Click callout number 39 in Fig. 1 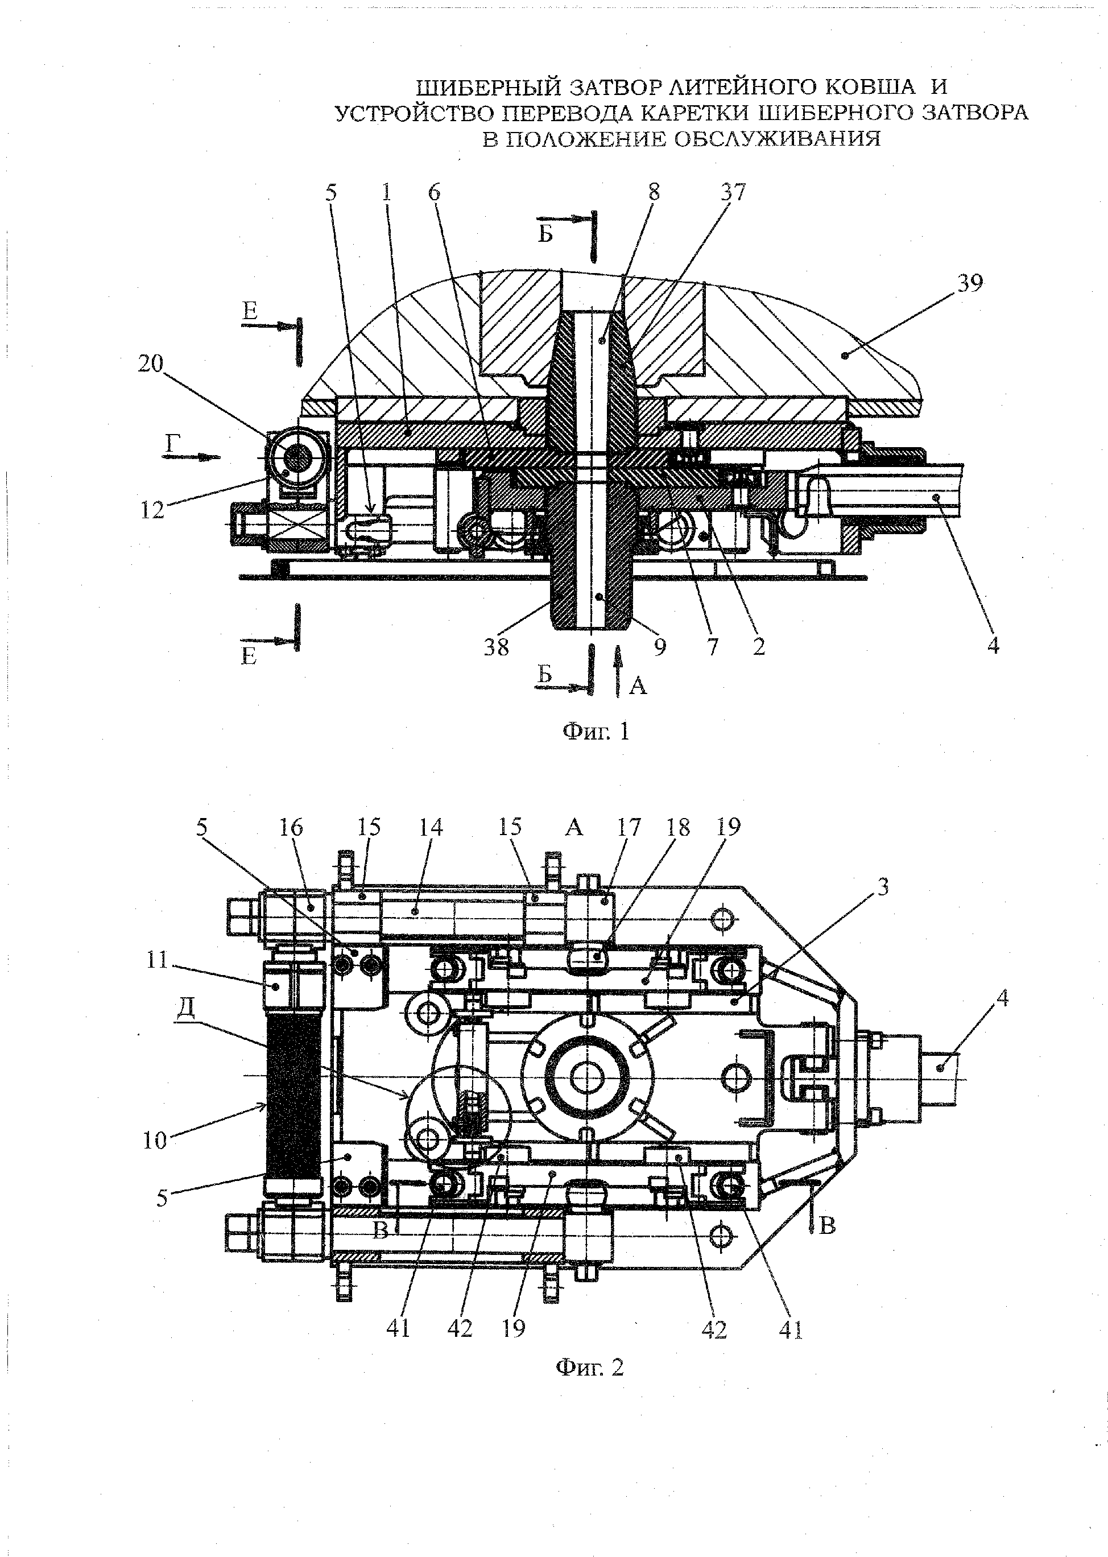[x=969, y=283]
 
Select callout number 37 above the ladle [x=733, y=192]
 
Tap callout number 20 [x=151, y=364]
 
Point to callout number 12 [x=153, y=510]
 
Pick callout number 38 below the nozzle [x=497, y=647]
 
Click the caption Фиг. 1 [x=596, y=732]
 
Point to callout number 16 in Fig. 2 [x=291, y=828]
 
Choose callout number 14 [x=430, y=828]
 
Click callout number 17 [x=629, y=828]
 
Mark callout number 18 [x=677, y=828]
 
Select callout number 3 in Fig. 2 [x=883, y=887]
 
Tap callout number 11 [x=157, y=960]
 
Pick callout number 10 [x=155, y=1139]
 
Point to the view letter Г [x=172, y=445]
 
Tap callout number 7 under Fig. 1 [x=713, y=647]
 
